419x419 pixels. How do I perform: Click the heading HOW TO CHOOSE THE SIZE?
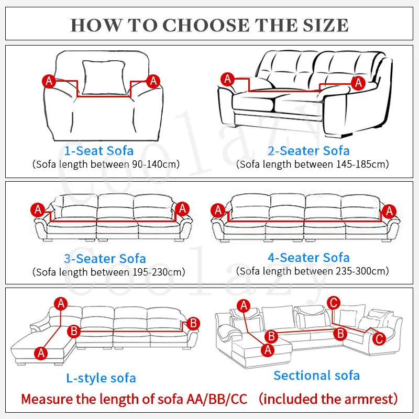210,24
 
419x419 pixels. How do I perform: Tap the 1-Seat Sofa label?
98,151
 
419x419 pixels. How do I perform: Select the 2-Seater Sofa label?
308,151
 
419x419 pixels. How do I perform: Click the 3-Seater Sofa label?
105,259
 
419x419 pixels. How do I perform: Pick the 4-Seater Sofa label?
308,258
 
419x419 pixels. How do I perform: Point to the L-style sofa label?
101,378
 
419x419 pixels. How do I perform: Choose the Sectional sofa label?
316,375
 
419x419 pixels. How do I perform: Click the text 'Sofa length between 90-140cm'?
106,164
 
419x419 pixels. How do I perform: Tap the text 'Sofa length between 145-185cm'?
313,164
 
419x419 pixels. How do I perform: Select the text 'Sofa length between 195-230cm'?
108,272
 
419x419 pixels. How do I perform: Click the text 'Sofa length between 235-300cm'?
313,271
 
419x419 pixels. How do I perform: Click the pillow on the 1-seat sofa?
103,78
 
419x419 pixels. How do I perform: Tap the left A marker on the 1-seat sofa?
49,81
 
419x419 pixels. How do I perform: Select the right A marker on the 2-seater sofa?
358,82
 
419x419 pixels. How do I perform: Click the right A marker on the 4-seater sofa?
388,211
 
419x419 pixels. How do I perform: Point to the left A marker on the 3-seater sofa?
38,210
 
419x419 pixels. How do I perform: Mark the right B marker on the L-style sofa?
193,323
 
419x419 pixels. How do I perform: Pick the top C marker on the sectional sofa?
333,302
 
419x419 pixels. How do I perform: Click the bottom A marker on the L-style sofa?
41,353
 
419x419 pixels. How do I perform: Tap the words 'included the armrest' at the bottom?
328,399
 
